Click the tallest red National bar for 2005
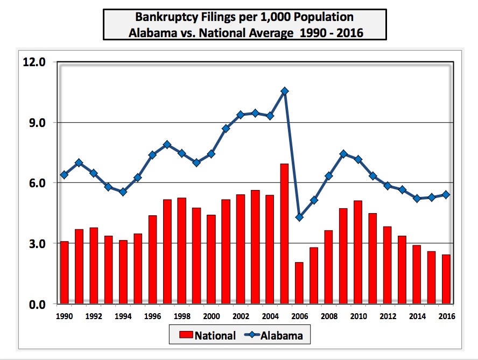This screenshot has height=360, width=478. pyautogui.click(x=284, y=234)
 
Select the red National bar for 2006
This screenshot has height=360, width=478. pyautogui.click(x=299, y=283)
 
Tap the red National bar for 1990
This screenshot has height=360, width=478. pyautogui.click(x=64, y=272)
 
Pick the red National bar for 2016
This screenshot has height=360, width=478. pyautogui.click(x=446, y=279)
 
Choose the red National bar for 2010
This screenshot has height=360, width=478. pyautogui.click(x=358, y=252)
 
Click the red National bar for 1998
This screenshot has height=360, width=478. pyautogui.click(x=182, y=251)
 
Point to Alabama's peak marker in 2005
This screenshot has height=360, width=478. pyautogui.click(x=285, y=91)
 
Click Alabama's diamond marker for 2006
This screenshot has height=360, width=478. pyautogui.click(x=299, y=217)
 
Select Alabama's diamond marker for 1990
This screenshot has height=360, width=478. pyautogui.click(x=64, y=175)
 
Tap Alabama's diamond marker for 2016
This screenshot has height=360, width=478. pyautogui.click(x=446, y=194)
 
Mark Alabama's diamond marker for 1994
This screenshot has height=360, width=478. pyautogui.click(x=123, y=192)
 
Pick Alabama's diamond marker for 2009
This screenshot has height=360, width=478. pyautogui.click(x=343, y=154)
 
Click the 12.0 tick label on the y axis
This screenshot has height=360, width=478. pyautogui.click(x=34, y=62)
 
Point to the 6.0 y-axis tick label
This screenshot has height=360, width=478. pyautogui.click(x=37, y=183)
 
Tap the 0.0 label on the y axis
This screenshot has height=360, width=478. pyautogui.click(x=37, y=304)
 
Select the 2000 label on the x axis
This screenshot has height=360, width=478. pyautogui.click(x=211, y=316)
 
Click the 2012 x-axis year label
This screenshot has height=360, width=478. pyautogui.click(x=388, y=316)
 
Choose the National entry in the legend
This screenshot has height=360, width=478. pyautogui.click(x=208, y=335)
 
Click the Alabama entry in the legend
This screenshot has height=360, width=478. pyautogui.click(x=274, y=335)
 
